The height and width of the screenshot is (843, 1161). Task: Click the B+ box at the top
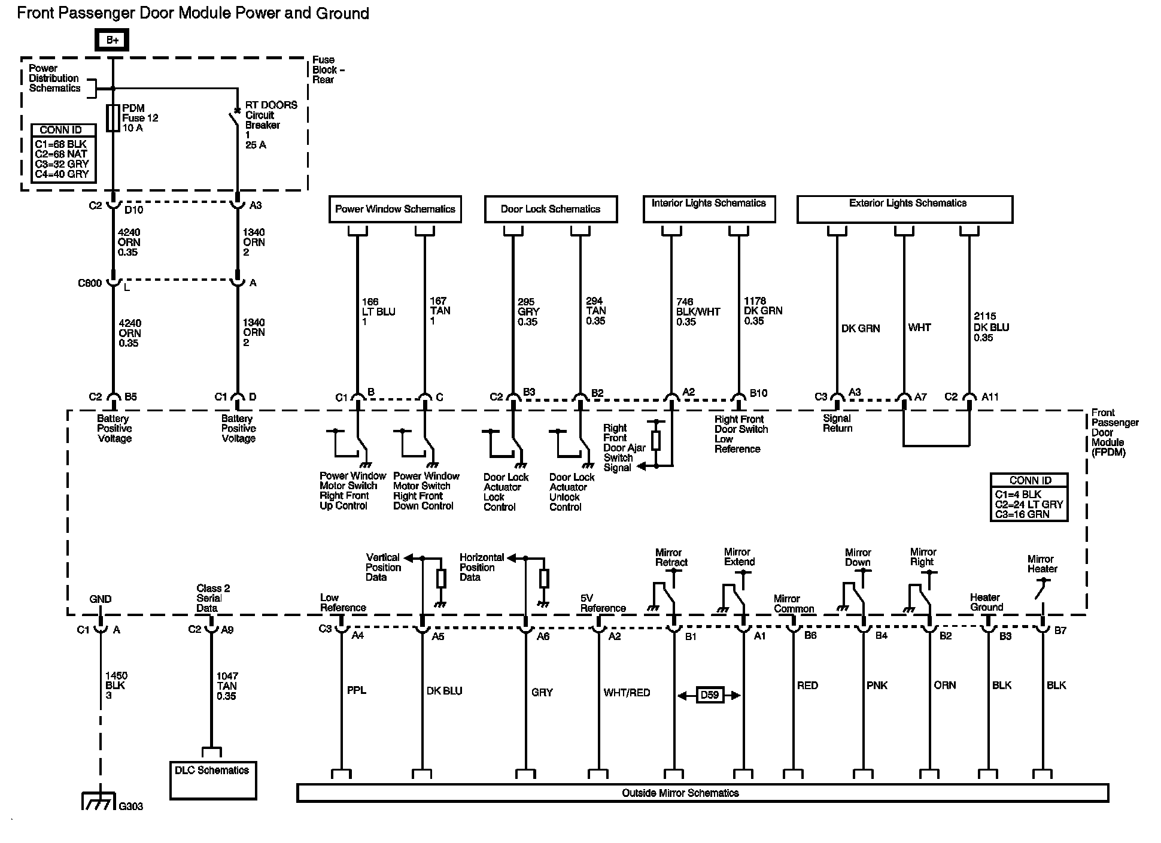[112, 40]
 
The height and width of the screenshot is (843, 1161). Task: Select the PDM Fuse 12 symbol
[113, 118]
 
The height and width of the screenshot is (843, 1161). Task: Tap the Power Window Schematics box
[395, 209]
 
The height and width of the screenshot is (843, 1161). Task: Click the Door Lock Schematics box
[551, 209]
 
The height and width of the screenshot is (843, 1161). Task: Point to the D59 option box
[710, 695]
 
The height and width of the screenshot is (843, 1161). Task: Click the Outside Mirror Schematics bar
[703, 793]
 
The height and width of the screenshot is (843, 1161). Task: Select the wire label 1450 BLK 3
[116, 686]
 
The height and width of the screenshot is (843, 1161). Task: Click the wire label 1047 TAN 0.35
[227, 686]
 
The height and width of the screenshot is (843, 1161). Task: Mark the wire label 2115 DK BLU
[991, 327]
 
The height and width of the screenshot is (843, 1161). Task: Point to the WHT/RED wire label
[627, 693]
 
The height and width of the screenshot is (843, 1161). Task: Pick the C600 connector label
[90, 283]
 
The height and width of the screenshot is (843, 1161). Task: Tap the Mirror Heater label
[1042, 564]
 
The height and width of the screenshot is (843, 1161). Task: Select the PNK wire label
[877, 686]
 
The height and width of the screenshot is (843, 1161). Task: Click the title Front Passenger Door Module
[193, 13]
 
